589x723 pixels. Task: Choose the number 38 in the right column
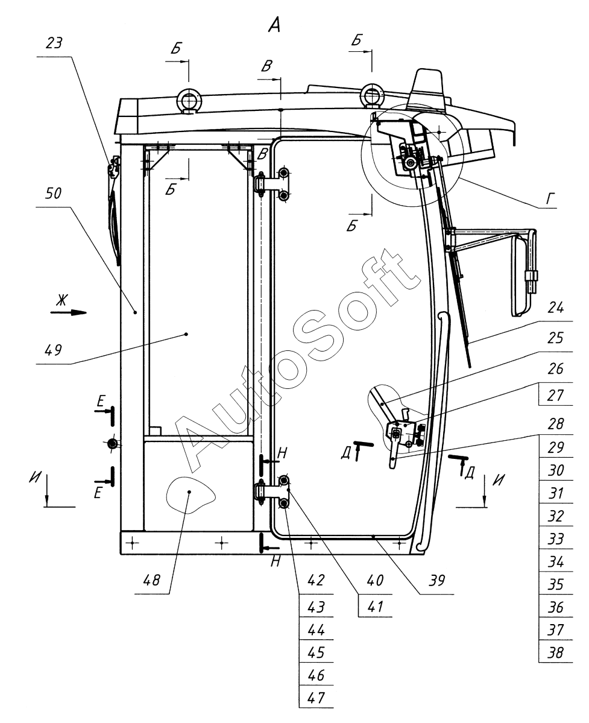(550, 652)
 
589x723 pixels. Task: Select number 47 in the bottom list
(316, 697)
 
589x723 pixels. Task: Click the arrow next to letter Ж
(76, 312)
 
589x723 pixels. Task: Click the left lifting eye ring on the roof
(189, 100)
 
